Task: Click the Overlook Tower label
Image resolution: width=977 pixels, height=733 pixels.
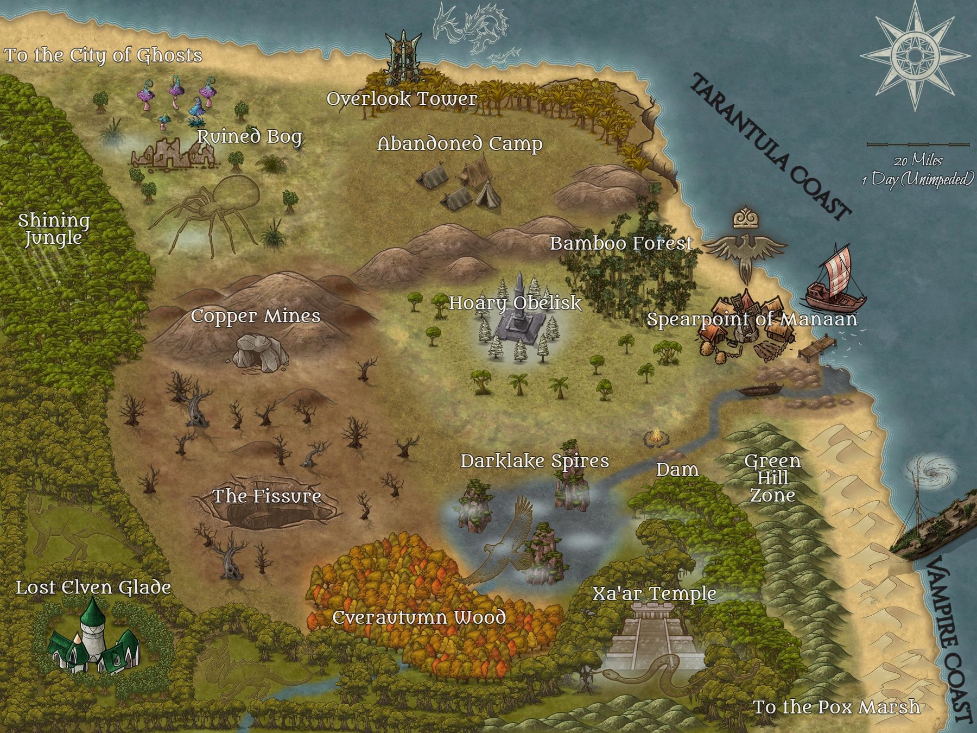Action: [x=402, y=99]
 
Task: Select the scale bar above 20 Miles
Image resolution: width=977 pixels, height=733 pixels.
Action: [x=918, y=145]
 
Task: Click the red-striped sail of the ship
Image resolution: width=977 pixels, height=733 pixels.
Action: [x=835, y=266]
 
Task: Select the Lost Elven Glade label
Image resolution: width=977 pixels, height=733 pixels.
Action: [x=93, y=587]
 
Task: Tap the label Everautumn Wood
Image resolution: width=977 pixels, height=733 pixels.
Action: [x=419, y=617]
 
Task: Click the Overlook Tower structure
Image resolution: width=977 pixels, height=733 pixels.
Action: [x=403, y=57]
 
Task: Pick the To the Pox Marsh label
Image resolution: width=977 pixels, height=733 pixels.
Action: [x=836, y=706]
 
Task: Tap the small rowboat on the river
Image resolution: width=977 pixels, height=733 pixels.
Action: [x=760, y=389]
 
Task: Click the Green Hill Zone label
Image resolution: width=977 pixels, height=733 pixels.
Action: [x=772, y=478]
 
